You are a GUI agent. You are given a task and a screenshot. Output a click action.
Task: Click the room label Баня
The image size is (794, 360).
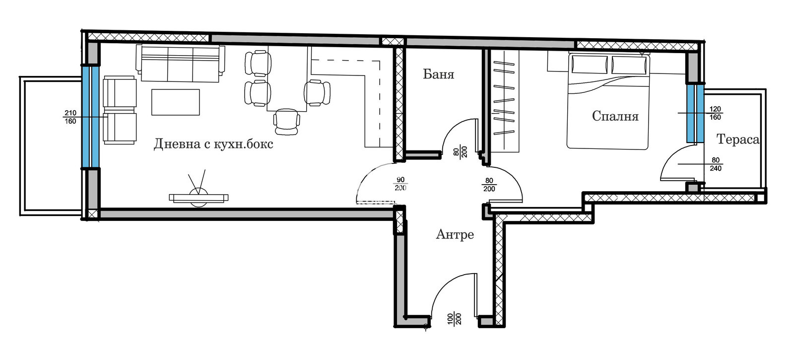(439, 74)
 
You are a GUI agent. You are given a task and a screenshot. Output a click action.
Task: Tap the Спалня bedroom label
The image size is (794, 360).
(615, 116)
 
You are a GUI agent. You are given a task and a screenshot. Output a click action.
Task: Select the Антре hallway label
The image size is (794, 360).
(455, 234)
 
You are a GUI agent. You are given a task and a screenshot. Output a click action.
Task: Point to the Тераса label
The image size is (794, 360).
(737, 139)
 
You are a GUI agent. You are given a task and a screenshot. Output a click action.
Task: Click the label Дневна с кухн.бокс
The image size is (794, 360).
(213, 144)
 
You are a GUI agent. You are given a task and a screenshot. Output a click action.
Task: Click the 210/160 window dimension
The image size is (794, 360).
(70, 117)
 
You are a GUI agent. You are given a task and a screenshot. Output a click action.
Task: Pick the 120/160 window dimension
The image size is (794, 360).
(715, 113)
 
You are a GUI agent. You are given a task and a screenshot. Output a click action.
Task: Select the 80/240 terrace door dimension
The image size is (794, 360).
(715, 164)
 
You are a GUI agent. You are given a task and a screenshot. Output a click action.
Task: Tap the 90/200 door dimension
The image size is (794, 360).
(400, 184)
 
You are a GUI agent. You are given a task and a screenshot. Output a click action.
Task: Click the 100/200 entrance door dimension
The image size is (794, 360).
(455, 319)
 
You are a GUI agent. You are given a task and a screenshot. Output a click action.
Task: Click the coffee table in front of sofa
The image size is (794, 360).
(176, 102)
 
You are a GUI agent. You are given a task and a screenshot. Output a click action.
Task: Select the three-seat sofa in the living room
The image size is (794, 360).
(180, 64)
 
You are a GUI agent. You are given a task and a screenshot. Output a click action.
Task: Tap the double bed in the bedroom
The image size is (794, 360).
(608, 101)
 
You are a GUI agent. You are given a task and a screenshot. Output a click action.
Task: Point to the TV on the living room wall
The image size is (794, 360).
(198, 198)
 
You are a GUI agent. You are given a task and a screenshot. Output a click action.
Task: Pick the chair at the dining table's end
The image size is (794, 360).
(286, 122)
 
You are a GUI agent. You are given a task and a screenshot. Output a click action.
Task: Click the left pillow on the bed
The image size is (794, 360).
(589, 64)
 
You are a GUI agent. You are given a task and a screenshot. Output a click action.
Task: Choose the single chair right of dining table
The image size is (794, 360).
(317, 92)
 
